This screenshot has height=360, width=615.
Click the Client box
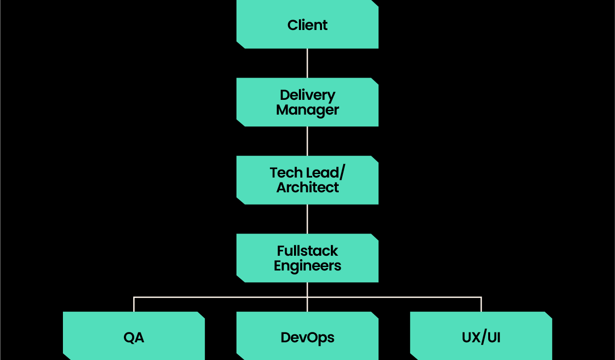tap(307, 25)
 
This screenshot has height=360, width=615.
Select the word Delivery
tap(307, 95)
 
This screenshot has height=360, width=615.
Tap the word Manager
tap(307, 110)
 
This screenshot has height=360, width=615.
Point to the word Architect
tap(307, 187)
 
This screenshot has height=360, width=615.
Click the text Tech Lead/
tap(307, 173)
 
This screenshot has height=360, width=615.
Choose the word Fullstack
tap(307, 251)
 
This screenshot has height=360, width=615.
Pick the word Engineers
tap(307, 266)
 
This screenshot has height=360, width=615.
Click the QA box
tap(134, 337)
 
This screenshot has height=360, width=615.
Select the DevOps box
tap(307, 337)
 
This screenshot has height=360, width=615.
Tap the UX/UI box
tap(481, 337)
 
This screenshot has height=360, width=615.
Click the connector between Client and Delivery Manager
tap(307, 63)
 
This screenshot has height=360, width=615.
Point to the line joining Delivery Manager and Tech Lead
tap(307, 141)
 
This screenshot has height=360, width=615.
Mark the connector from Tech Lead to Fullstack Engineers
tap(307, 219)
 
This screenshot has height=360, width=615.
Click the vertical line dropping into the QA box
tap(134, 304)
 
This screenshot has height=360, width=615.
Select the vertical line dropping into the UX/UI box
tap(481, 304)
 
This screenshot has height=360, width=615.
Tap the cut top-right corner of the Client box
tap(375, 2)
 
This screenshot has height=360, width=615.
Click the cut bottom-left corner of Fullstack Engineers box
tap(240, 279)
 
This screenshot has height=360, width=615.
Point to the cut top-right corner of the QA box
tap(202, 314)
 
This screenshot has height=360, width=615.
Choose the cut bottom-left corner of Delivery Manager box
tap(240, 123)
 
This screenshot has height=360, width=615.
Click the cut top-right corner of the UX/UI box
tap(549, 314)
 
